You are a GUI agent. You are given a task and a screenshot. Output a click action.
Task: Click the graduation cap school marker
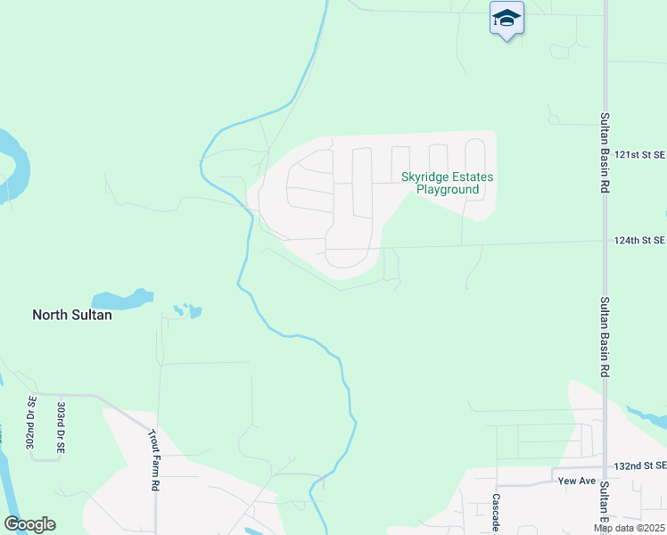[506, 18]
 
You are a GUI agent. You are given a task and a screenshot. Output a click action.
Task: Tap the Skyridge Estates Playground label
[447, 183]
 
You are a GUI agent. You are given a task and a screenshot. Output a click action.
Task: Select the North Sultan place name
[72, 315]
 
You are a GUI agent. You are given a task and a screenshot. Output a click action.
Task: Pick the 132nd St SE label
[641, 466]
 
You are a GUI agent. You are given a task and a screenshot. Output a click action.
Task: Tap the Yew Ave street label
[575, 481]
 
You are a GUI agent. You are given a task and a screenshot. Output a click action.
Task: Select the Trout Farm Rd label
[153, 459]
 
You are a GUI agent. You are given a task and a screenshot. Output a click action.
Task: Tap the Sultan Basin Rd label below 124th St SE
[605, 336]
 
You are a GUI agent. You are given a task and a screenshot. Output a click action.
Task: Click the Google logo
[29, 524]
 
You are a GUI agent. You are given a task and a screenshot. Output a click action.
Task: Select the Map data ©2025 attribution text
[630, 528]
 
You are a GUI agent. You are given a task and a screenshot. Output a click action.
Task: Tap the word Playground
[449, 190]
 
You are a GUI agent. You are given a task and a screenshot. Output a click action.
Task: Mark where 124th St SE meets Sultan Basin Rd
[605, 241]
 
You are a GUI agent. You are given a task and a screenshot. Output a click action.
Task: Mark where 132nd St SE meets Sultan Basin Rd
[605, 467]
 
